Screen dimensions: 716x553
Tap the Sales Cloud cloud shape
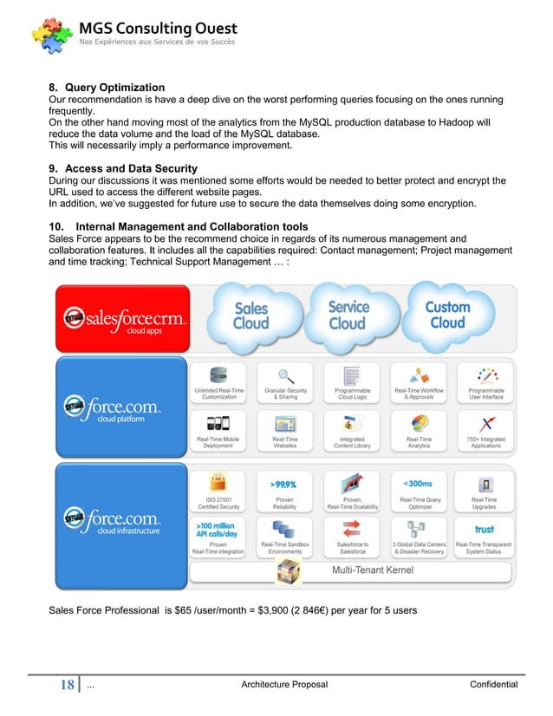pyautogui.click(x=250, y=316)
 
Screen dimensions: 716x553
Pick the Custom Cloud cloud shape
pyautogui.click(x=447, y=315)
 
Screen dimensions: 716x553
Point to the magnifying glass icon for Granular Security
pyautogui.click(x=285, y=376)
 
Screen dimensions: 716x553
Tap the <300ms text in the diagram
pyautogui.click(x=419, y=483)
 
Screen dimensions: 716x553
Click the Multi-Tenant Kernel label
pyautogui.click(x=373, y=570)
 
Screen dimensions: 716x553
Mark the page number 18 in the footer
pyautogui.click(x=66, y=685)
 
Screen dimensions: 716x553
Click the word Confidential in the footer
pyautogui.click(x=493, y=685)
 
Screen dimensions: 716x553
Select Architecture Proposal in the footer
pyautogui.click(x=284, y=685)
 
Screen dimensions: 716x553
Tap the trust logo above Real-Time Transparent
pyautogui.click(x=484, y=529)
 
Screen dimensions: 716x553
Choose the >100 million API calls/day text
pyautogui.click(x=216, y=530)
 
